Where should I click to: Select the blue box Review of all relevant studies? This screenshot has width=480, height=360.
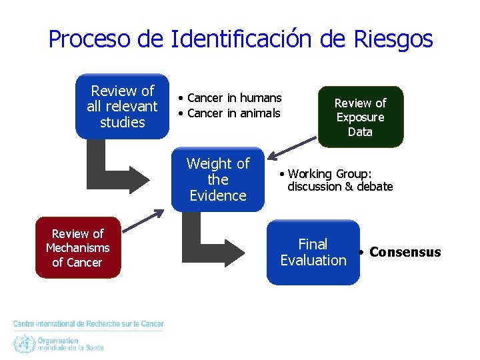pyautogui.click(x=122, y=107)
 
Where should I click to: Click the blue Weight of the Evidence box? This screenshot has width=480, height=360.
pyautogui.click(x=217, y=179)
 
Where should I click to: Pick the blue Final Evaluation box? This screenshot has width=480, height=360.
pyautogui.click(x=313, y=253)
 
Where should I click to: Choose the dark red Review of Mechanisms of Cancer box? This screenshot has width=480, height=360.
pyautogui.click(x=78, y=247)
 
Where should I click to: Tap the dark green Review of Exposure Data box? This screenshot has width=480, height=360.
pyautogui.click(x=360, y=117)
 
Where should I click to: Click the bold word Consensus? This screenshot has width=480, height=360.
pyautogui.click(x=405, y=252)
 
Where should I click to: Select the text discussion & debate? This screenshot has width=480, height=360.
pyautogui.click(x=340, y=187)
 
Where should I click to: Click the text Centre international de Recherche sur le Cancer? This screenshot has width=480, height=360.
pyautogui.click(x=89, y=324)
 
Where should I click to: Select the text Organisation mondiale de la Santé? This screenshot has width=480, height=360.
pyautogui.click(x=70, y=344)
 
